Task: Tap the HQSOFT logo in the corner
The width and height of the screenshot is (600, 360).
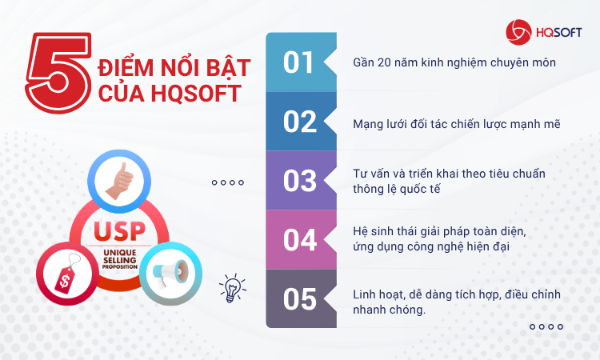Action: [x=543, y=33]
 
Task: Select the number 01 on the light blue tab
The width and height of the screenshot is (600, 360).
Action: [x=298, y=62]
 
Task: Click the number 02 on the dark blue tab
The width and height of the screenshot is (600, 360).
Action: [x=300, y=122]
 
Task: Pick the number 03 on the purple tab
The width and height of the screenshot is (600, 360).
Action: [x=300, y=181]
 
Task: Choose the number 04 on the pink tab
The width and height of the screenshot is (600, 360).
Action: [x=300, y=240]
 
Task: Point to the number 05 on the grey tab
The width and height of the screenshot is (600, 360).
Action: [x=300, y=299]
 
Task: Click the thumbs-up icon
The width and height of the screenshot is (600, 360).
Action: [x=120, y=182]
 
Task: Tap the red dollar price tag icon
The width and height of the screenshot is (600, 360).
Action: [x=68, y=273]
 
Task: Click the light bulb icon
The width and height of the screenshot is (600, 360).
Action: [x=232, y=288]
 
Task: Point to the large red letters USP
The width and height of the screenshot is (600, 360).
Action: [x=120, y=231]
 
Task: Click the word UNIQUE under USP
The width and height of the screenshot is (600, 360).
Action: [x=120, y=253]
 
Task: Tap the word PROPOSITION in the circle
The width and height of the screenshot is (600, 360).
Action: [x=120, y=266]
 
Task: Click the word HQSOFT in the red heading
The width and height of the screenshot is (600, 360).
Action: [x=196, y=94]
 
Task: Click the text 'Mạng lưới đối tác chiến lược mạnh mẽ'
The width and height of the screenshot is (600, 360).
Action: [x=457, y=124]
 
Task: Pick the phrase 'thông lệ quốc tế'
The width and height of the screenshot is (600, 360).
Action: [x=397, y=189]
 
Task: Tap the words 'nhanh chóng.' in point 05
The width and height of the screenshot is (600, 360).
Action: [x=389, y=310]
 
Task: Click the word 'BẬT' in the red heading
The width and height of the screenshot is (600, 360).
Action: [x=229, y=66]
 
